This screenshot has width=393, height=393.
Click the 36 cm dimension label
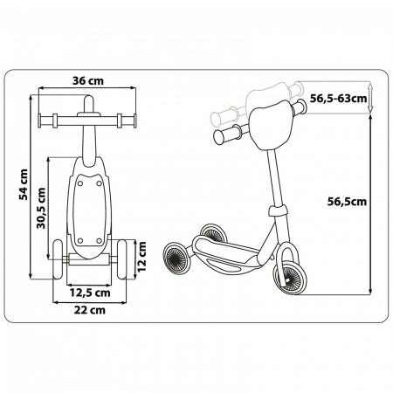88,80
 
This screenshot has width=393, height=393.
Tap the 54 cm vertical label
24,184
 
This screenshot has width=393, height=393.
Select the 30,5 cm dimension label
41,208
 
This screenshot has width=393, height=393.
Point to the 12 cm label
141,257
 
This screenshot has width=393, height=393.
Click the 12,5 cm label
90,293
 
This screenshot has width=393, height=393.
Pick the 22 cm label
90,310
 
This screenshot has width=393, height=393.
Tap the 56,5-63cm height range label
338,99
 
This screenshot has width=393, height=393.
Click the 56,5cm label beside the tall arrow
347,202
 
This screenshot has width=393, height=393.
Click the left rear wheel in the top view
59,259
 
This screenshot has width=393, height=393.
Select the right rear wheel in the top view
121,259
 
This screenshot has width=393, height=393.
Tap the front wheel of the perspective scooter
290,277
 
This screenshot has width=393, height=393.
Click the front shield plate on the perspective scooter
271,125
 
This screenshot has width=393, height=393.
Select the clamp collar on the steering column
278,210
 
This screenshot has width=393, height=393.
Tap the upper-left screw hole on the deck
80,183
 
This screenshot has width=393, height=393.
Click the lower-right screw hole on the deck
99,241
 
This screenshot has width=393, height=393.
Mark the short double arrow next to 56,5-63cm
370,98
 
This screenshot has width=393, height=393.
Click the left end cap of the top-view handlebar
39,121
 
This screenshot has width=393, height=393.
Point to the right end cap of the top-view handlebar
134,121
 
